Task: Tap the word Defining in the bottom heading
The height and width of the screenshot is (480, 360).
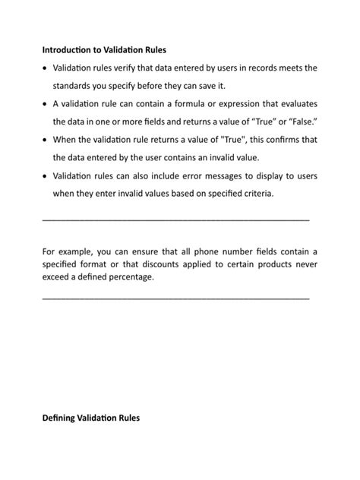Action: click(61, 418)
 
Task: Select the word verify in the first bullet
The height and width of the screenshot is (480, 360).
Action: click(134, 68)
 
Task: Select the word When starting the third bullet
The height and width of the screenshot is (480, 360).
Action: click(67, 140)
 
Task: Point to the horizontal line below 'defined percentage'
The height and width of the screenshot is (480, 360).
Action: click(175, 298)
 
